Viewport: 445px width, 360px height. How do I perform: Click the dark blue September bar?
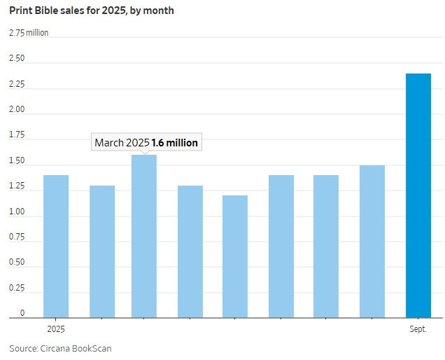(x=418, y=196)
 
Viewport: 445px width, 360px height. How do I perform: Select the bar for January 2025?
(x=56, y=247)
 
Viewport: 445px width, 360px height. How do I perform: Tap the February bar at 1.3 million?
(x=102, y=251)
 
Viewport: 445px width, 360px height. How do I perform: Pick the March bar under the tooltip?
(x=144, y=236)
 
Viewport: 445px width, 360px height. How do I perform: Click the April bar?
(x=190, y=251)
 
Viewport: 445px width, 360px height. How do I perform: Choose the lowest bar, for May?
(x=235, y=256)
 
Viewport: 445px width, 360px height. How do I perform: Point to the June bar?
(x=281, y=247)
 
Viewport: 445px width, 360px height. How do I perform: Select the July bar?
(x=326, y=247)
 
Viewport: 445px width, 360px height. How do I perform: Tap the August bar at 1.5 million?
(x=372, y=242)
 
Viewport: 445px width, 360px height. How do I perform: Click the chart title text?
(x=92, y=11)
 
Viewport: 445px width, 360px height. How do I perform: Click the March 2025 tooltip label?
(x=146, y=142)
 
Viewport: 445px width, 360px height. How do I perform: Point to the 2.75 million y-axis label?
(x=29, y=33)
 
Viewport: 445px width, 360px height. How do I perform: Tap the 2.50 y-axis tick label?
(x=17, y=59)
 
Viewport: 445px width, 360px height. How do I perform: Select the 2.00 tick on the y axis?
(x=17, y=110)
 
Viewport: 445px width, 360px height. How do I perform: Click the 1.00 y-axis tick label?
(x=17, y=212)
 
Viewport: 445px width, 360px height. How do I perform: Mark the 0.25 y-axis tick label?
(x=17, y=288)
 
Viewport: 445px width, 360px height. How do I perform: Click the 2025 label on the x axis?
(x=56, y=328)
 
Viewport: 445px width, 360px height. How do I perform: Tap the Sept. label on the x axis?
(x=418, y=328)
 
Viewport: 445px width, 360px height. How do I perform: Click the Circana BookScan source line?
(x=60, y=348)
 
